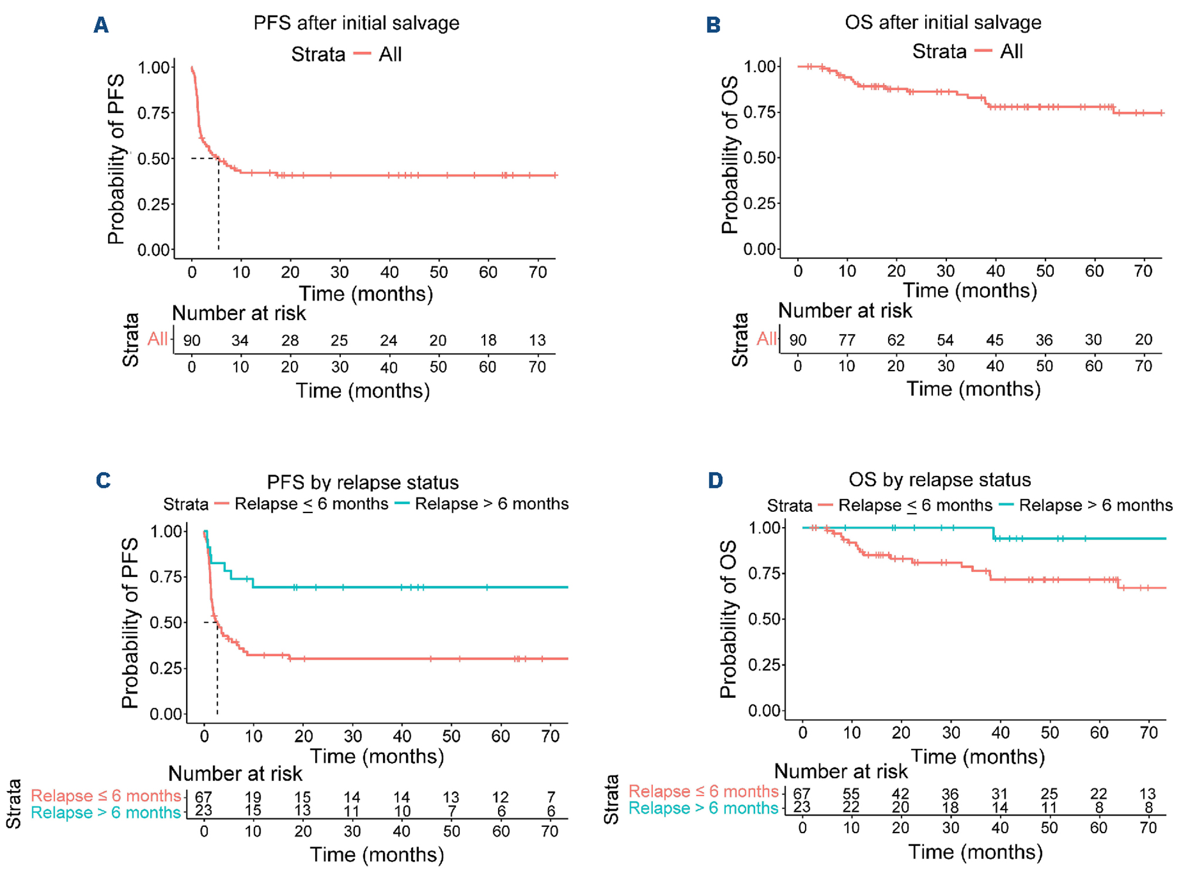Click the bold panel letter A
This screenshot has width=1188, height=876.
(101, 25)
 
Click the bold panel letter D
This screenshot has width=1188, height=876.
(715, 481)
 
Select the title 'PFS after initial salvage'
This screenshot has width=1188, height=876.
(356, 23)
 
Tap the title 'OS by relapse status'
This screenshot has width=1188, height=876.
(939, 480)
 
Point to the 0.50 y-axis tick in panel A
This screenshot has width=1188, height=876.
(154, 159)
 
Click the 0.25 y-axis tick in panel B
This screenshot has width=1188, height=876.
(760, 203)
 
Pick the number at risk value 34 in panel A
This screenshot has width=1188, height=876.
(240, 340)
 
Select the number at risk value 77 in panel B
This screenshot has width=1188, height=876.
(847, 339)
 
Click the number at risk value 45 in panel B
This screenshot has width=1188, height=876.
(994, 339)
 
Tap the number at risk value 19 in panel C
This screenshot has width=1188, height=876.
(253, 797)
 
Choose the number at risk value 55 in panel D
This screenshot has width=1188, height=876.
(851, 794)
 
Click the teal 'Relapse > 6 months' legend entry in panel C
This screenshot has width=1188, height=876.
(491, 504)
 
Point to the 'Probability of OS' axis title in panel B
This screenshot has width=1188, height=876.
(730, 155)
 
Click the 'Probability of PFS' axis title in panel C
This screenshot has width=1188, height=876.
(130, 623)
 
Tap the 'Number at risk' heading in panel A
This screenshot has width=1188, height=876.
(239, 313)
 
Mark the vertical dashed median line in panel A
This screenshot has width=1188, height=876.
(219, 205)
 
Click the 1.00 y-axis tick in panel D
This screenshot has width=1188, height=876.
(764, 528)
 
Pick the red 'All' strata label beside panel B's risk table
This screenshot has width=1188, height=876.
(766, 338)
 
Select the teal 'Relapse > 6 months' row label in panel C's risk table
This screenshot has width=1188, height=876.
(106, 813)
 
